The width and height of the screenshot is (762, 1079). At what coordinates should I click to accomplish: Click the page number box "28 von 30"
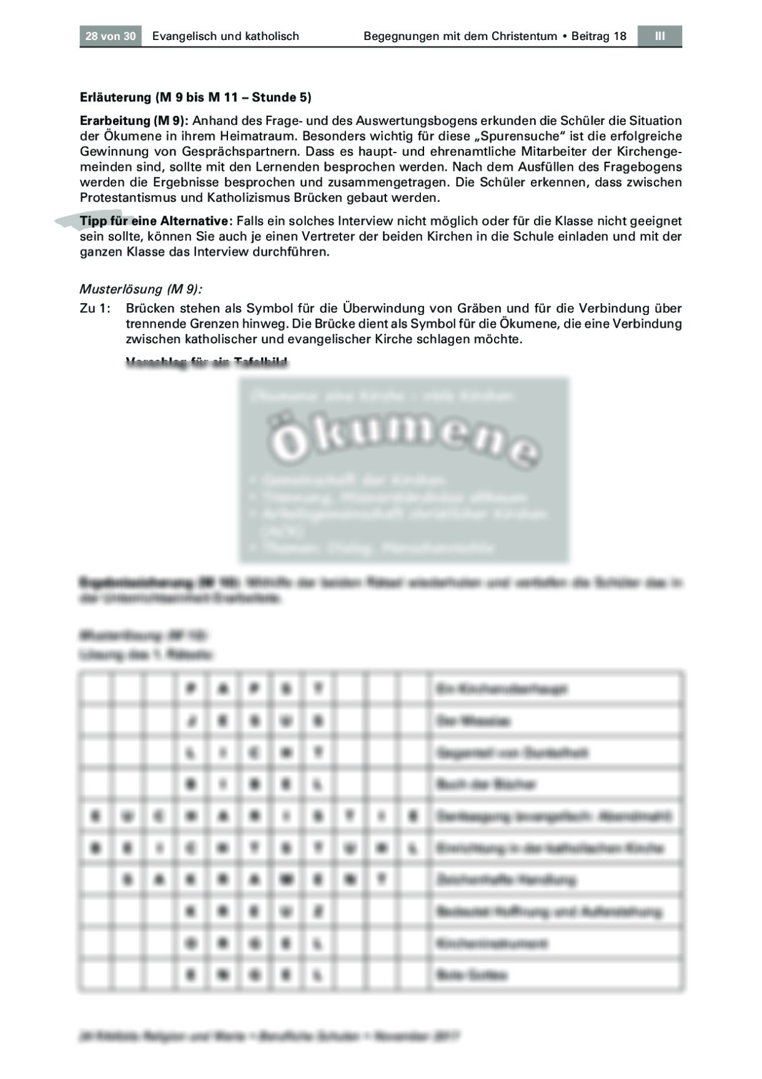[111, 36]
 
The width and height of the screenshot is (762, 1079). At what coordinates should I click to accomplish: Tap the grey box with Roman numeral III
[660, 36]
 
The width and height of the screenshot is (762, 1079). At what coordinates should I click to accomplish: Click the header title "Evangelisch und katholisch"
[225, 36]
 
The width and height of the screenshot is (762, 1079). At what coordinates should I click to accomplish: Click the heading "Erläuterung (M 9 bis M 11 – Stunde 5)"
[195, 98]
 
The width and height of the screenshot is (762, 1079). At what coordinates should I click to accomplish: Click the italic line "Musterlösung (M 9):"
[141, 289]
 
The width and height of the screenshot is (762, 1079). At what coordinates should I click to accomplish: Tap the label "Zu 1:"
[96, 309]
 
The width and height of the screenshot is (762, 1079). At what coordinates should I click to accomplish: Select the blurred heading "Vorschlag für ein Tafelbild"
[207, 363]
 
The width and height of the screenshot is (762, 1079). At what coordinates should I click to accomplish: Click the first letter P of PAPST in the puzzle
[191, 689]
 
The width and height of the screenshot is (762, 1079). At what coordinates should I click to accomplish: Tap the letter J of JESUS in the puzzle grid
[191, 721]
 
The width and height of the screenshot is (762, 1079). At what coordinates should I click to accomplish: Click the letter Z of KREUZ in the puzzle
[318, 911]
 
